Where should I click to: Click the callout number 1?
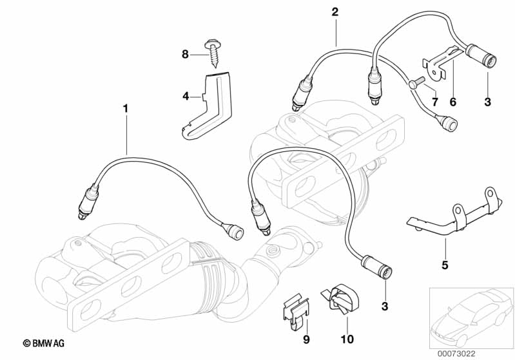coord(126,109)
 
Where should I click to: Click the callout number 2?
coord(335,12)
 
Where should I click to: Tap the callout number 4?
coord(186,97)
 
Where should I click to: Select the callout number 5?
coord(444,263)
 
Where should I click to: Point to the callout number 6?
coord(452,102)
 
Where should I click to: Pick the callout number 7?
coord(434,102)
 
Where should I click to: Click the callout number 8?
coord(185,55)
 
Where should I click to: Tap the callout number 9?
coord(307,339)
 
